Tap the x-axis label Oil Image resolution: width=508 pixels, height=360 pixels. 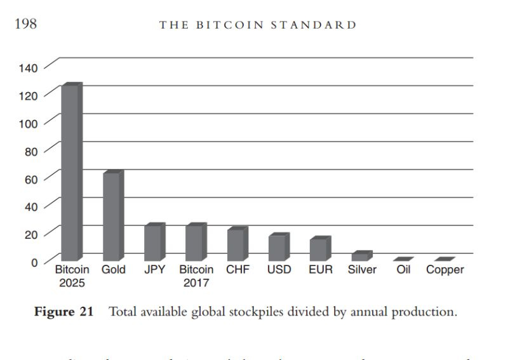point(403,270)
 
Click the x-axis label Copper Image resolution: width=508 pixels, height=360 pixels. point(444,270)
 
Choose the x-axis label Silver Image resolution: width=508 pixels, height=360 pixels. point(362,270)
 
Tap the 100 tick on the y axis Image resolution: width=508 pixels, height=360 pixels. point(31,123)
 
